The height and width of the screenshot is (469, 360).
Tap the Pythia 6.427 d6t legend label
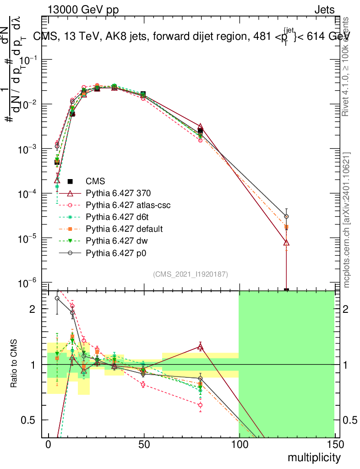pos(119,217)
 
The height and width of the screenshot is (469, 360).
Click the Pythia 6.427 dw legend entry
pos(118,240)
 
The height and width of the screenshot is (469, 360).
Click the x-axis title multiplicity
pos(314,458)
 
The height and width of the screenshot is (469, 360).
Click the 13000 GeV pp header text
pos(83,10)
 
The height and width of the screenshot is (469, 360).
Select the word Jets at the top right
pos(324,10)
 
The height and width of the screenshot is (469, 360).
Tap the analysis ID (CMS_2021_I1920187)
pos(191,274)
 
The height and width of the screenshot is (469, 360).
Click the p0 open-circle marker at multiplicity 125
pos(286,216)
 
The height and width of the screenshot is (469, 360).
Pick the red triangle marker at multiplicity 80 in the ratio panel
pos(200,347)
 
